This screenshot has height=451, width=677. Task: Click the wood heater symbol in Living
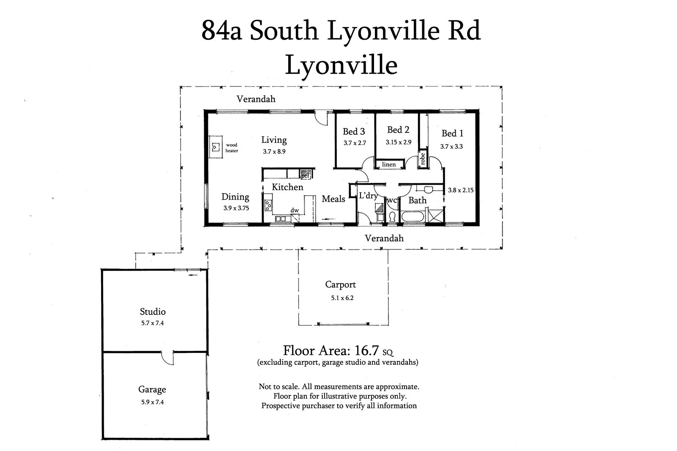216,147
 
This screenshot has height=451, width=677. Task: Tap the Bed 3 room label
354,132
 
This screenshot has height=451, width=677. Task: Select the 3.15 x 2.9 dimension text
398,142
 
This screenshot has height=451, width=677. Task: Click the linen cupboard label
389,164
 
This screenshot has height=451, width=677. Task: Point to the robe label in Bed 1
422,159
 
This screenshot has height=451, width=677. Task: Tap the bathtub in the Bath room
413,217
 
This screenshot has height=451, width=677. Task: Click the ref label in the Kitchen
305,175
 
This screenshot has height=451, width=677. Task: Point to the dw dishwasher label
294,210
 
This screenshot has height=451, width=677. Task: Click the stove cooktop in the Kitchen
268,205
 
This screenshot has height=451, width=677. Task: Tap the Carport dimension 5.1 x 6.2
342,298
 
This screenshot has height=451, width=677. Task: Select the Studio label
153,312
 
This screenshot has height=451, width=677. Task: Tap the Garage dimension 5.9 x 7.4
152,402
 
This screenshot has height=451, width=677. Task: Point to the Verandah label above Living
256,99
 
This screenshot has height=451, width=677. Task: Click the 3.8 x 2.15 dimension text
461,190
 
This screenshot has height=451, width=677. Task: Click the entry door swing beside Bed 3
322,118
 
